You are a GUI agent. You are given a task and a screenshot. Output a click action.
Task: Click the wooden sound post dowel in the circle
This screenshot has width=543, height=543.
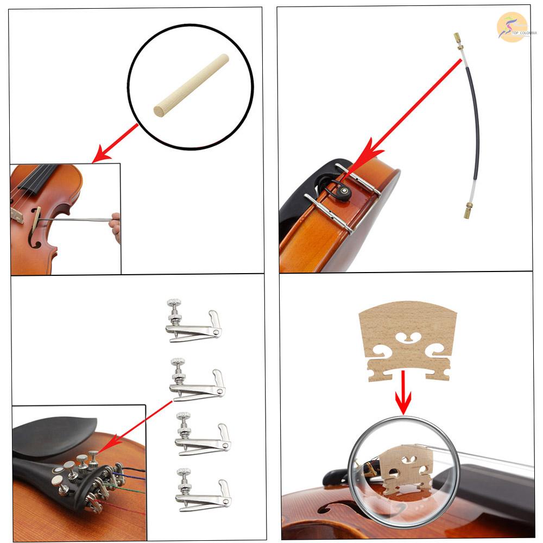pyautogui.click(x=191, y=85)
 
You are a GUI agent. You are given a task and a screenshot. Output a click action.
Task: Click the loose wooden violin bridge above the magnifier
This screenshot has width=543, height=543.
pyautogui.click(x=408, y=339)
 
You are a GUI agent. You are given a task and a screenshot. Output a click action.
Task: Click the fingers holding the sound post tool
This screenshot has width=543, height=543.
pyautogui.click(x=115, y=225)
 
